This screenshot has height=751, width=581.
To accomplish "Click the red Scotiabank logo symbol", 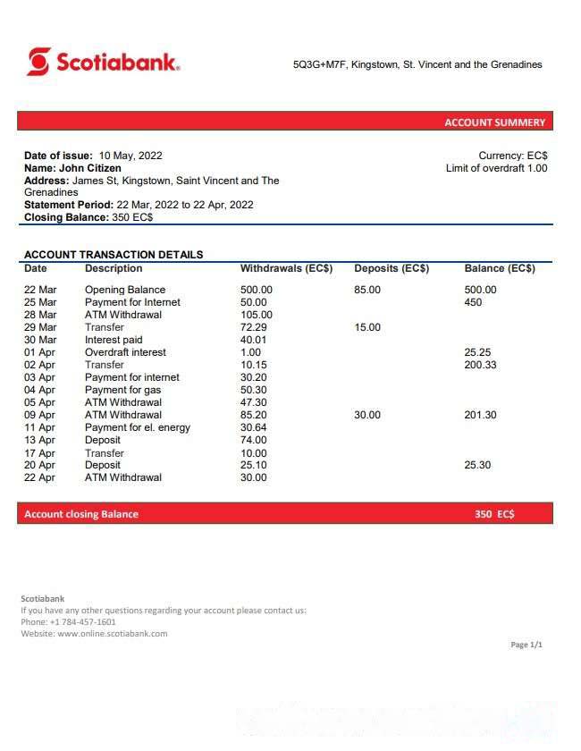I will (38, 62).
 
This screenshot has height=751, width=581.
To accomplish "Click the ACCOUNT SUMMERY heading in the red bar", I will (494, 122).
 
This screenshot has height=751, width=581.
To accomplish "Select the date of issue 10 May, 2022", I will (131, 156).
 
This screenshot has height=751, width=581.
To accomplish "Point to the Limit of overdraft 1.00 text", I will (496, 168).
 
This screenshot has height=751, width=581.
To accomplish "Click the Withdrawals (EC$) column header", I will (286, 268).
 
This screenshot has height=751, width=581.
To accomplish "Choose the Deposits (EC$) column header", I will (392, 268).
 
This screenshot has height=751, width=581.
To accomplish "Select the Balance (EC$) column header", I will (500, 268).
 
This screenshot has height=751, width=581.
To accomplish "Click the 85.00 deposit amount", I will (367, 290).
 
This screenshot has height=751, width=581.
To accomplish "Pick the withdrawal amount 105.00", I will (257, 315).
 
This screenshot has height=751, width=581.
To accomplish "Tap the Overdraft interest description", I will (125, 352).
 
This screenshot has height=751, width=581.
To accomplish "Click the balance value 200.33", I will (481, 365).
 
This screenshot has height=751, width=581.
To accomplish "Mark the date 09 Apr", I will (39, 415).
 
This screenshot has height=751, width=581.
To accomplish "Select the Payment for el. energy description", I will (138, 427).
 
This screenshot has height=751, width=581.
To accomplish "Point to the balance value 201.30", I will (481, 415).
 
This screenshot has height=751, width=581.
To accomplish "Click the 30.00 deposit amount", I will (367, 415).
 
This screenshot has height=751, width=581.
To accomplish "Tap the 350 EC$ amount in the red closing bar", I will (494, 514).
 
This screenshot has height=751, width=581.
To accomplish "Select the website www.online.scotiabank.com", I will (112, 634).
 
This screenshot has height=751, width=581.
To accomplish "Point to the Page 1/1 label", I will (526, 645).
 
